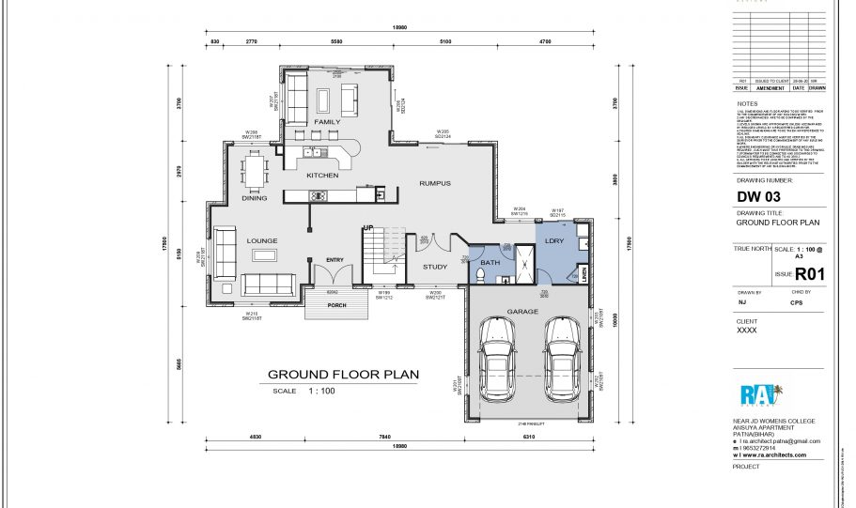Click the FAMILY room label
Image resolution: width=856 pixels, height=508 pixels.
click(x=327, y=123)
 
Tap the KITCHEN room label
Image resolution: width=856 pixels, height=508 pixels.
click(x=321, y=176)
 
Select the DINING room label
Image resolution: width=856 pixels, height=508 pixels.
click(x=255, y=198)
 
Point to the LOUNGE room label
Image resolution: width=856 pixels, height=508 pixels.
click(x=262, y=241)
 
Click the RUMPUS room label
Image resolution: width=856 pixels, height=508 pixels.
click(x=435, y=183)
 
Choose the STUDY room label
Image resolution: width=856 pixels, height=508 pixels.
click(x=435, y=267)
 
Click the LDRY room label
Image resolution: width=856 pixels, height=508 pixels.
click(x=553, y=242)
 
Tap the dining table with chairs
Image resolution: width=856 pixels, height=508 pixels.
click(x=255, y=172)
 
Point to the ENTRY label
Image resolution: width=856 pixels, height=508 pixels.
click(x=335, y=260)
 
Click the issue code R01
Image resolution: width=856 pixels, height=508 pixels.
click(x=809, y=275)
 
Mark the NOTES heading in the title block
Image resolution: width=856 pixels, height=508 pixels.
click(x=747, y=103)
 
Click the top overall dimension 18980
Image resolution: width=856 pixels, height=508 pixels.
click(x=400, y=28)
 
